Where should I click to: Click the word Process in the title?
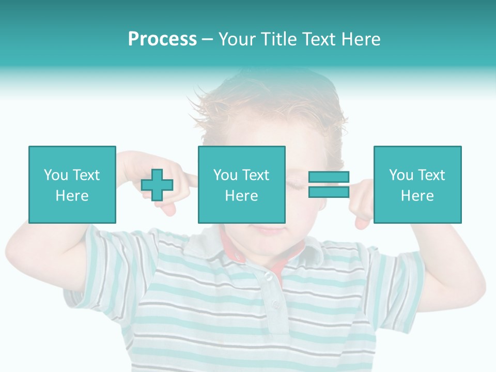pyautogui.click(x=162, y=39)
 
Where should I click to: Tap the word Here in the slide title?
pyautogui.click(x=360, y=39)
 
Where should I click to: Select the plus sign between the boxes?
pyautogui.click(x=157, y=185)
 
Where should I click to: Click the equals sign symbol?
pyautogui.click(x=329, y=184)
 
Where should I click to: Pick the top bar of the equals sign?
pyautogui.click(x=329, y=177)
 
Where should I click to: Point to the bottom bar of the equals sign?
pyautogui.click(x=329, y=192)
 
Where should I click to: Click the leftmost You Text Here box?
pyautogui.click(x=72, y=184)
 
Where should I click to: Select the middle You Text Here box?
pyautogui.click(x=241, y=184)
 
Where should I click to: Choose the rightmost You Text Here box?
pyautogui.click(x=417, y=184)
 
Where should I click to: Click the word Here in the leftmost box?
pyautogui.click(x=72, y=196)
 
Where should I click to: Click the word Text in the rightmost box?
pyautogui.click(x=430, y=175)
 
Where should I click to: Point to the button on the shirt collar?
pyautogui.click(x=268, y=277)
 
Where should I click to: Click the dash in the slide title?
pyautogui.click(x=207, y=39)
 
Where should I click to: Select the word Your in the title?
pyautogui.click(x=238, y=39)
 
